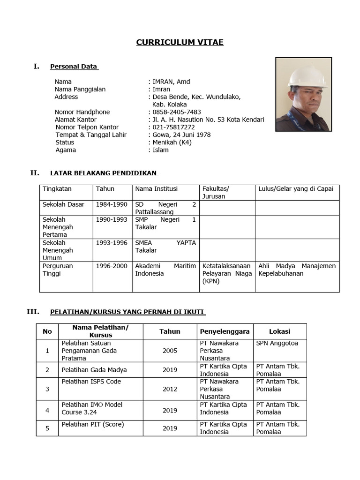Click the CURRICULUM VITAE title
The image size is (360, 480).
(x=180, y=43)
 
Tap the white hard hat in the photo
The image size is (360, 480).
(x=307, y=77)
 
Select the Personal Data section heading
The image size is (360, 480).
(x=74, y=67)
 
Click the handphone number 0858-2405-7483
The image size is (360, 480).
(x=177, y=112)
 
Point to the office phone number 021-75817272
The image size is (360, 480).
(x=173, y=127)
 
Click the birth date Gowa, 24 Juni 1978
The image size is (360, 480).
(x=181, y=135)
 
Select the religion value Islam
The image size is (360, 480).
(x=160, y=150)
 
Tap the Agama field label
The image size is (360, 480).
(x=66, y=150)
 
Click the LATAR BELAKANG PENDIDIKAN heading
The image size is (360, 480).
(x=103, y=173)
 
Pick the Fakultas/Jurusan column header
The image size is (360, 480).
(x=216, y=193)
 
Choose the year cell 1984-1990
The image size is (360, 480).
(x=112, y=204)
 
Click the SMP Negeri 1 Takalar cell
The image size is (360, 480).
(x=165, y=223)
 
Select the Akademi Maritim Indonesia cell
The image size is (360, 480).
(x=165, y=270)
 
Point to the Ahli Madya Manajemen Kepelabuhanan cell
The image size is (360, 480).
(x=297, y=270)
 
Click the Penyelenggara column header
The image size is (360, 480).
(x=225, y=331)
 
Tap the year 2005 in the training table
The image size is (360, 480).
(x=170, y=351)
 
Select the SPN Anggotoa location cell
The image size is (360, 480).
(x=277, y=343)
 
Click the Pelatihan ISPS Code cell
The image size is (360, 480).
(x=91, y=382)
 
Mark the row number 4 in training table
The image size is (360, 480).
(x=47, y=410)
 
